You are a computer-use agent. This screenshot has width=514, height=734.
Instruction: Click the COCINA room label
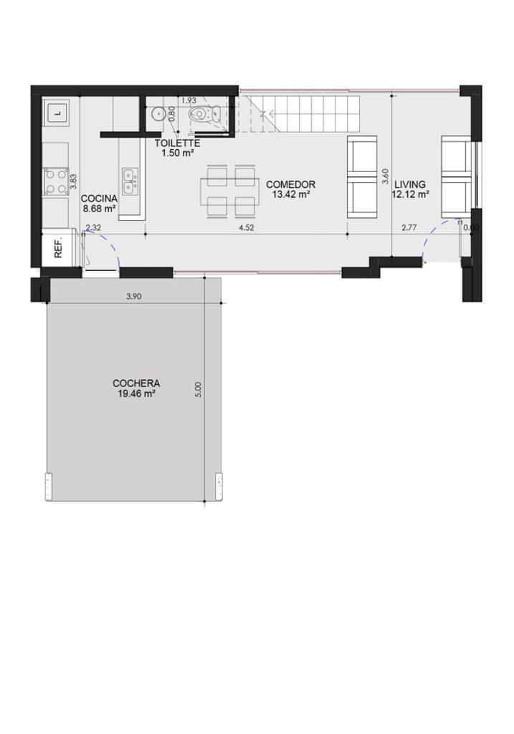(x=99, y=199)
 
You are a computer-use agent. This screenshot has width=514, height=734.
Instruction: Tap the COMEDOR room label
(x=291, y=184)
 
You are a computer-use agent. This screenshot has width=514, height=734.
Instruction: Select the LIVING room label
(x=409, y=184)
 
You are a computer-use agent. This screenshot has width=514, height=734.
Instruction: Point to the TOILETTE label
(x=177, y=143)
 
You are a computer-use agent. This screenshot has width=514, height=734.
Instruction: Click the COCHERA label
(x=136, y=383)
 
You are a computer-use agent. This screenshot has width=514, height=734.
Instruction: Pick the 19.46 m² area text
(x=136, y=394)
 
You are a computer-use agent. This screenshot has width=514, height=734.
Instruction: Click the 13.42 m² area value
(x=291, y=194)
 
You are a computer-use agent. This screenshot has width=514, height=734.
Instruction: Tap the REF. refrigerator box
(x=59, y=249)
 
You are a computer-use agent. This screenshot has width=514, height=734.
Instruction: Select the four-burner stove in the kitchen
(x=56, y=181)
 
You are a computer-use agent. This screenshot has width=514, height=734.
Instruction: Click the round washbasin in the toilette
(x=158, y=113)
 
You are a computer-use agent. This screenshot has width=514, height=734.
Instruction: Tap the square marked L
(x=57, y=113)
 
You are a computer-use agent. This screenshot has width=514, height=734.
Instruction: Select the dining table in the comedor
(x=230, y=191)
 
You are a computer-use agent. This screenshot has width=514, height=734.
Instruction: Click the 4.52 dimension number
(x=246, y=228)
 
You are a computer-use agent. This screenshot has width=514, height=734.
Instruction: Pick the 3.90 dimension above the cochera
(x=134, y=296)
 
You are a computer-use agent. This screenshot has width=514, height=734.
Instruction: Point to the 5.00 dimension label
(x=198, y=389)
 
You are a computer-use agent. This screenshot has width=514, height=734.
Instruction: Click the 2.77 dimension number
(x=409, y=228)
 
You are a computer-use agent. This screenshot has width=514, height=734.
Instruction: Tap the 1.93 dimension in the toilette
(x=189, y=100)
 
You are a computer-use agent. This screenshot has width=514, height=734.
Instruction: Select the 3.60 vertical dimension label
(x=385, y=176)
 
